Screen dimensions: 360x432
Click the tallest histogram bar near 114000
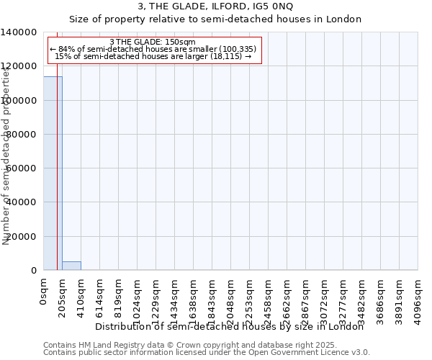point(53,173)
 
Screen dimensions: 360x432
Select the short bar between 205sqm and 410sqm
point(71,266)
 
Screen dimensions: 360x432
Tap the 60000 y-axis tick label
point(22,168)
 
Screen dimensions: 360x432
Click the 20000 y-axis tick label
point(22,237)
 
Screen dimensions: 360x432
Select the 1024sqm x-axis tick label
point(138,297)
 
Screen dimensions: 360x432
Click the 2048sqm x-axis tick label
point(231,297)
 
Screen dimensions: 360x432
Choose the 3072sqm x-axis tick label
point(325,297)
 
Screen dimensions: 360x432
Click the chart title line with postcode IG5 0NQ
point(215,6)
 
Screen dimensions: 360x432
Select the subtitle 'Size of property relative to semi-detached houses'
point(215,19)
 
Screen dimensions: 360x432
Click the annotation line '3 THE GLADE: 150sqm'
point(152,42)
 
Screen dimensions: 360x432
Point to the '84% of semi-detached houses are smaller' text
point(152,49)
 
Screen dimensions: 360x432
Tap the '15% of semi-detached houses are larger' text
point(152,56)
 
